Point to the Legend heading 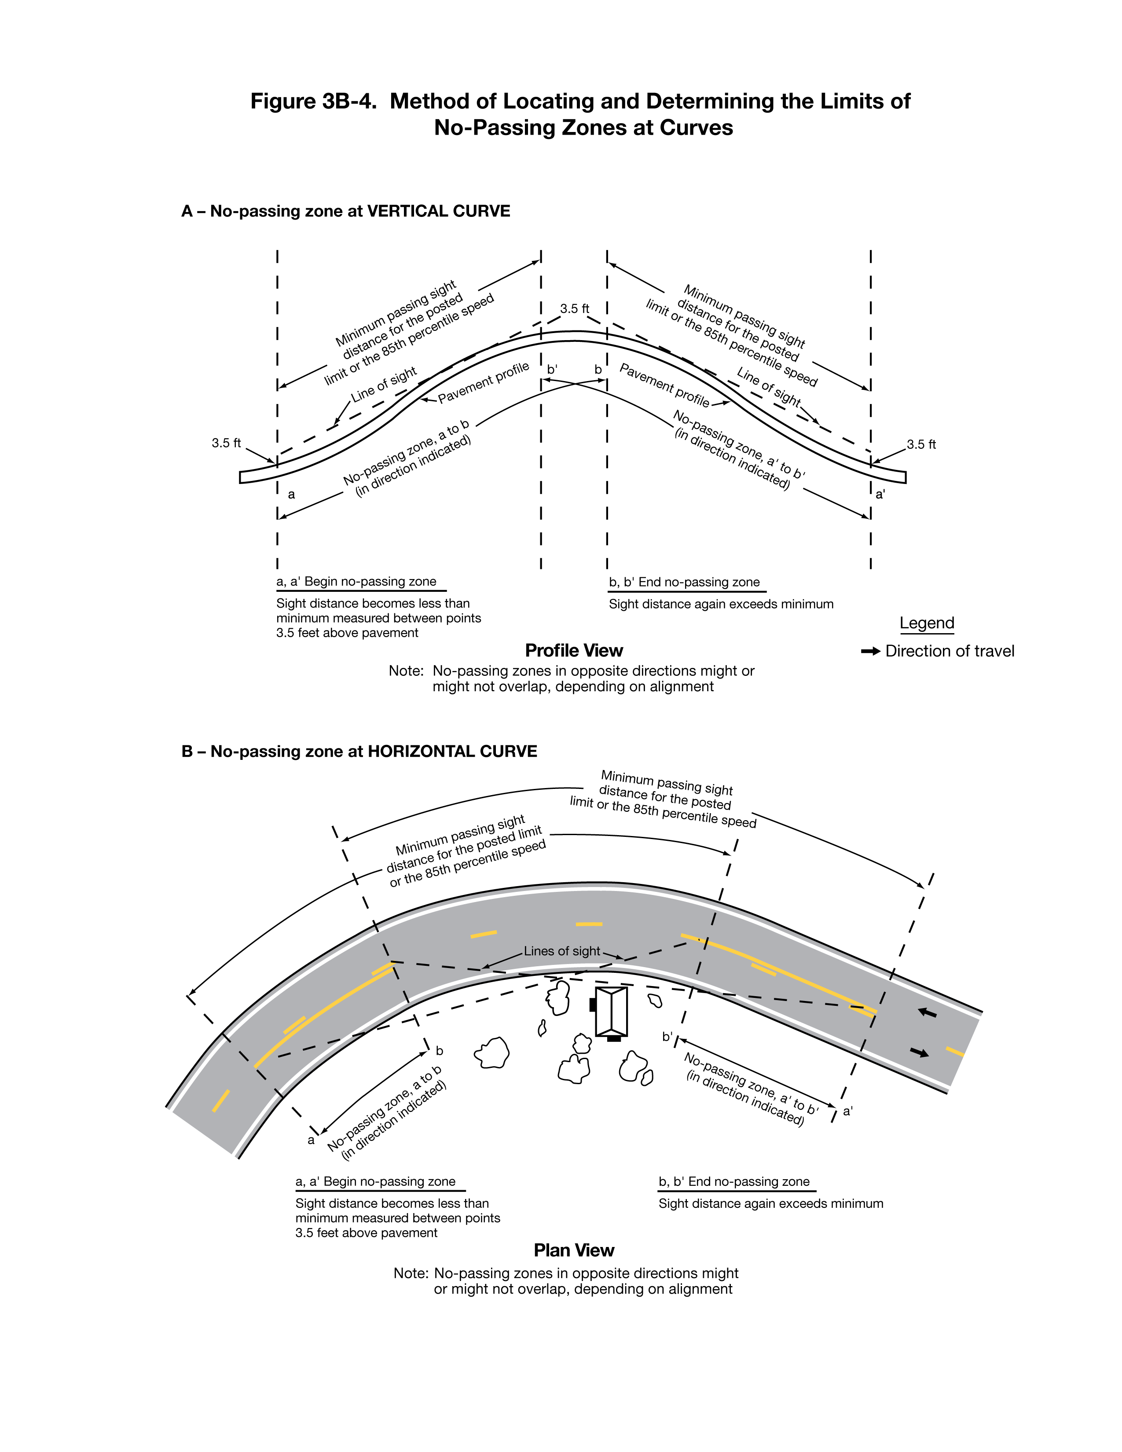click(x=927, y=623)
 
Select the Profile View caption click(x=574, y=650)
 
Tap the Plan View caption click(x=574, y=1250)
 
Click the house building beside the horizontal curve click(x=611, y=1012)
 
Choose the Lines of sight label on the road click(x=562, y=951)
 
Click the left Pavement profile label click(x=483, y=384)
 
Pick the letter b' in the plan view click(x=667, y=1037)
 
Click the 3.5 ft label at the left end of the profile click(x=226, y=443)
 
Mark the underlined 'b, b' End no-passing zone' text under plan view click(x=734, y=1181)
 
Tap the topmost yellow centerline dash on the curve click(x=589, y=924)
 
